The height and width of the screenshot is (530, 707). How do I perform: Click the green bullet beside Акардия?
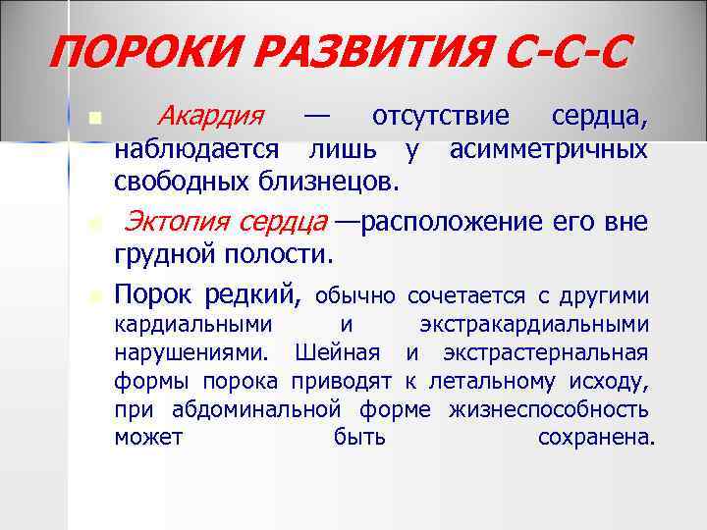click(x=94, y=119)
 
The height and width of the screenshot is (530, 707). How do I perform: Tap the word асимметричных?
click(x=548, y=149)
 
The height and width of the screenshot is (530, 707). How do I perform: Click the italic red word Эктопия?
click(x=177, y=222)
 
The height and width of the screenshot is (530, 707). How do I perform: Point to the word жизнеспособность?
click(x=548, y=409)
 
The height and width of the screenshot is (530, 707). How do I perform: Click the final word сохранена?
click(x=595, y=438)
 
